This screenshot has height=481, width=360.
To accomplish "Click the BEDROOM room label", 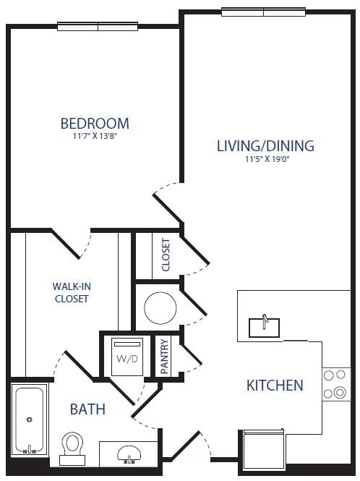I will [95, 123].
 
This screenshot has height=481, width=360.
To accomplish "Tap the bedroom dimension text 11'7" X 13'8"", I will [95, 136].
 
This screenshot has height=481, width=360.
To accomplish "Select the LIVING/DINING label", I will [265, 145].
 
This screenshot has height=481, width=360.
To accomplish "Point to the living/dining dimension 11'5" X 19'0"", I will [265, 159].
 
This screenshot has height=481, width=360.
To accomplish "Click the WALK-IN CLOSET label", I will [70, 291].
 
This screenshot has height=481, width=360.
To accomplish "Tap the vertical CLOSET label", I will [166, 255].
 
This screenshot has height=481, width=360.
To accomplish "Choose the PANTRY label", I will [164, 357].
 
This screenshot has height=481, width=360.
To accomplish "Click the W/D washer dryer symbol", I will [126, 356].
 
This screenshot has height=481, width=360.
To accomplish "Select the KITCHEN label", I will [275, 385].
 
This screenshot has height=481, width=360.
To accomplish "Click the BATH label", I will [87, 409].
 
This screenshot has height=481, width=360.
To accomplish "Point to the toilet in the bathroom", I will [72, 446].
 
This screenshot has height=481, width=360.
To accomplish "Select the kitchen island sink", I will [265, 326].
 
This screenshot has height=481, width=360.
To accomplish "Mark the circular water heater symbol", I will [160, 308].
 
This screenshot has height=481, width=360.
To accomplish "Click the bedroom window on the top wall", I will [98, 26].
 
